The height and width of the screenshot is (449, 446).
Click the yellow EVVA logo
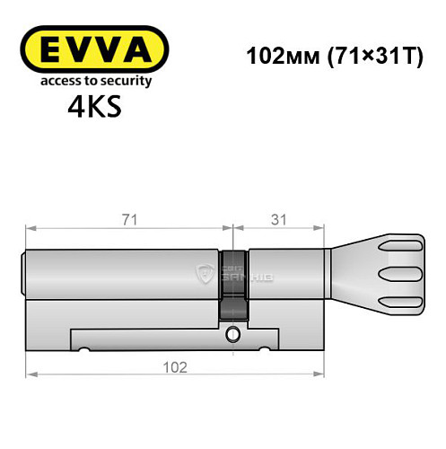[x=93, y=49]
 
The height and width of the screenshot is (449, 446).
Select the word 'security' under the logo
[x=126, y=80]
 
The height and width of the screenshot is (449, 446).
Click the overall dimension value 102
[x=176, y=367]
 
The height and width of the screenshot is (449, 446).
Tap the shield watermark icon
[x=205, y=272]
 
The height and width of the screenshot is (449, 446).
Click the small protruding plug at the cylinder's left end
[x=24, y=273]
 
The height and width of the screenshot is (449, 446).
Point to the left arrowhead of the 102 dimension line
[x=31, y=373]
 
